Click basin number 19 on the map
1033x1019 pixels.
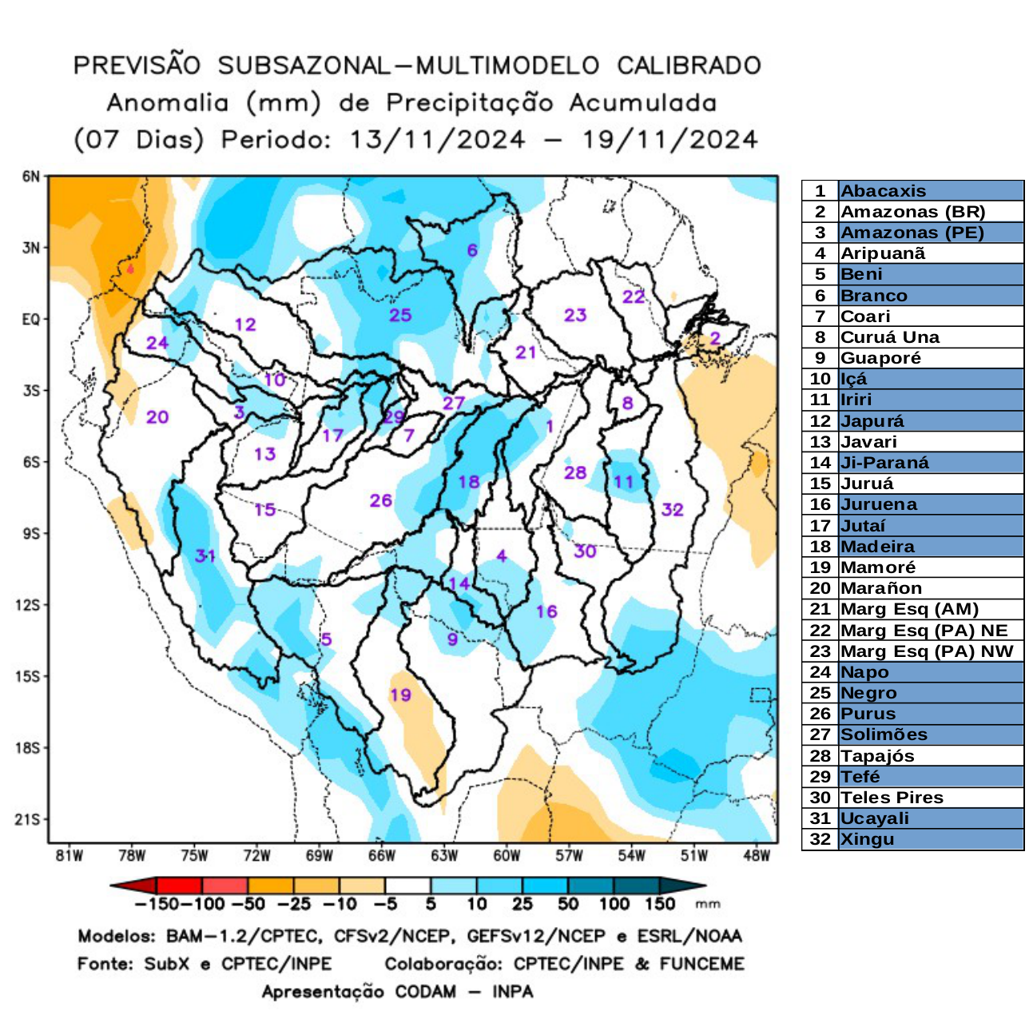point(400,695)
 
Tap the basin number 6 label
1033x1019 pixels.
point(472,250)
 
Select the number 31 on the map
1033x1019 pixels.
point(205,555)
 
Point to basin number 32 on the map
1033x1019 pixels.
point(672,509)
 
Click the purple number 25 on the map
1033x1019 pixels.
point(400,315)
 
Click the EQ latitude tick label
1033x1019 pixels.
point(30,320)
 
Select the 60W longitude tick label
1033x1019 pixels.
point(507,856)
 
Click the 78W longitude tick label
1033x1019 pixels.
point(132,856)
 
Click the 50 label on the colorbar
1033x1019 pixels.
point(568,905)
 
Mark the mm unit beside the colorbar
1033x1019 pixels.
point(708,905)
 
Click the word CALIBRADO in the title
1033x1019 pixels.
point(689,66)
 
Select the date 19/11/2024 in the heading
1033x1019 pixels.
point(669,140)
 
